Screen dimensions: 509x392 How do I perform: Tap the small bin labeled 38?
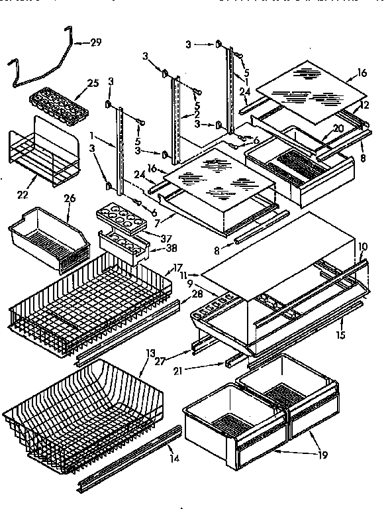pos(123,246)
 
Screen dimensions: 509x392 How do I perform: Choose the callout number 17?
pos(177,268)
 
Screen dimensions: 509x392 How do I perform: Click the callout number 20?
pos(338,128)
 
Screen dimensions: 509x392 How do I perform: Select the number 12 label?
pos(366,105)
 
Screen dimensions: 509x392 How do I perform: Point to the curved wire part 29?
pos(40,63)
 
